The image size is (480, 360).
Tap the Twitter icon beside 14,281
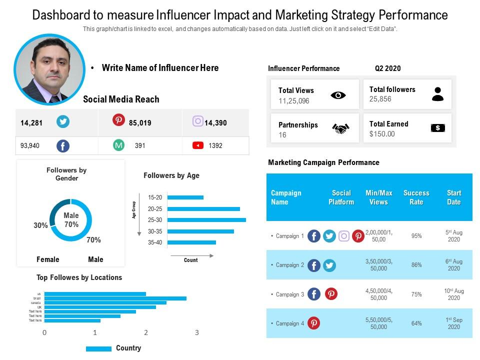[x=63, y=122]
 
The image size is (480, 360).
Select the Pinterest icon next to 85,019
[x=118, y=120]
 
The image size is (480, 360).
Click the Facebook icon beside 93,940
[x=62, y=146]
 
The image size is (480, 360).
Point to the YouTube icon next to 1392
[x=198, y=145]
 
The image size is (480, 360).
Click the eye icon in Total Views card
[x=338, y=95]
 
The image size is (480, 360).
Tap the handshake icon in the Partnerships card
[x=340, y=129]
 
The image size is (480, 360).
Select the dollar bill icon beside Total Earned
[x=437, y=128]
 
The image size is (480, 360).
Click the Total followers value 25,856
[x=380, y=99]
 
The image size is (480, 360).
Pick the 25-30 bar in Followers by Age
[x=207, y=220]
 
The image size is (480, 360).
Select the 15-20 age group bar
[x=185, y=197]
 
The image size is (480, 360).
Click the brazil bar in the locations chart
[x=115, y=298]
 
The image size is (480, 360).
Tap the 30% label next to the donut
[x=41, y=225]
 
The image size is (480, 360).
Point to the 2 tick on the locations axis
[x=146, y=332]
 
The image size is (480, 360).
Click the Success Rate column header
[x=416, y=197]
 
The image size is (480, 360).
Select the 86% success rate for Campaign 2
[x=416, y=265]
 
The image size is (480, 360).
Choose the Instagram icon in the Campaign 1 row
[x=344, y=236]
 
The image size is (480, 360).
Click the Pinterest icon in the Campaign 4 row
[x=313, y=323]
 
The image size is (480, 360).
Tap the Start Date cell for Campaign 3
[x=453, y=294]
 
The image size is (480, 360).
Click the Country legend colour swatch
[x=98, y=348]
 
